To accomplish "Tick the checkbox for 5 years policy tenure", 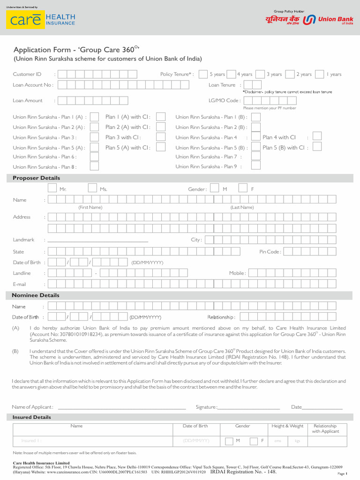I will (203, 74).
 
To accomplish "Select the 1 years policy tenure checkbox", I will (319, 74).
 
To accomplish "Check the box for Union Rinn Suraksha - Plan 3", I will (94, 137).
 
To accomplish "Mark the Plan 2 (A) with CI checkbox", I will (160, 127).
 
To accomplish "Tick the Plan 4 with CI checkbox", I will (317, 136).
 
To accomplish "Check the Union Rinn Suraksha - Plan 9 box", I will (255, 166).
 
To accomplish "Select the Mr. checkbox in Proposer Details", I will (52, 188).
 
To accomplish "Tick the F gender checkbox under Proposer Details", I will (243, 188).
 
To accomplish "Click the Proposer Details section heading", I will (36, 178).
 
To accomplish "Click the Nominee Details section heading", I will (36, 295).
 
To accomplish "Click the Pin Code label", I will (270, 252).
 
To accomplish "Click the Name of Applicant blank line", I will (121, 409).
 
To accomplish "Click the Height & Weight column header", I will (287, 426).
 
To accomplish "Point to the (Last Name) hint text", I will (242, 207).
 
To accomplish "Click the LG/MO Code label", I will (225, 100).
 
